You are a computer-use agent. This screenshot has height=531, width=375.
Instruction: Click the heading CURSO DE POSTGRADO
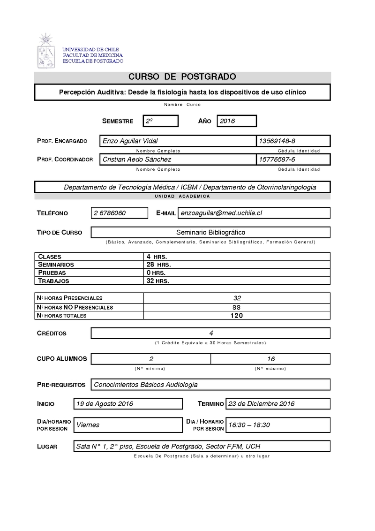pyautogui.click(x=182, y=77)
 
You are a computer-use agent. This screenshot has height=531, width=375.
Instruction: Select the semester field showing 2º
pyautogui.click(x=160, y=121)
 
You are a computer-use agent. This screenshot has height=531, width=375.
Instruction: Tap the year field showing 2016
pyautogui.click(x=236, y=121)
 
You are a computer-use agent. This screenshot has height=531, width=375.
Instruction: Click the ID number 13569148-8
pyautogui.click(x=277, y=141)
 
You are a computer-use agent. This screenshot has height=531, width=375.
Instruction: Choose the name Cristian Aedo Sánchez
pyautogui.click(x=136, y=160)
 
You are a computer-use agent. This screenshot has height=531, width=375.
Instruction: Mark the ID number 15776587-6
pyautogui.click(x=277, y=160)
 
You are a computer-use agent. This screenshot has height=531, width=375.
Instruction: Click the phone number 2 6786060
pyautogui.click(x=110, y=213)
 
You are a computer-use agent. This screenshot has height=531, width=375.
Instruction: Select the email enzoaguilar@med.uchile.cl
pyautogui.click(x=221, y=213)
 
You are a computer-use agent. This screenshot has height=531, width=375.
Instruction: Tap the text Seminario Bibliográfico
pyautogui.click(x=210, y=232)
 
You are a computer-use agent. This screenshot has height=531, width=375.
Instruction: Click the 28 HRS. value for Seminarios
pyautogui.click(x=158, y=265)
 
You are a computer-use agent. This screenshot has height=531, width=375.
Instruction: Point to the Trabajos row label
pyautogui.click(x=53, y=281)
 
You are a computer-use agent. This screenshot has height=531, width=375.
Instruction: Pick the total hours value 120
pyautogui.click(x=237, y=316)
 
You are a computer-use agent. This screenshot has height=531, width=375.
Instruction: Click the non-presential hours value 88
pyautogui.click(x=237, y=307)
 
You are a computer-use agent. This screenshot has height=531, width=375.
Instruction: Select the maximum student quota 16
pyautogui.click(x=271, y=359)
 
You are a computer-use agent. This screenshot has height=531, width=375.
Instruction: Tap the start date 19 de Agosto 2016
pyautogui.click(x=105, y=404)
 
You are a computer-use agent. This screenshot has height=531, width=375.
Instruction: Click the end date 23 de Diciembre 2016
pyautogui.click(x=261, y=404)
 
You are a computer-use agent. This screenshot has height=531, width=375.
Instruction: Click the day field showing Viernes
pyautogui.click(x=88, y=425)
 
